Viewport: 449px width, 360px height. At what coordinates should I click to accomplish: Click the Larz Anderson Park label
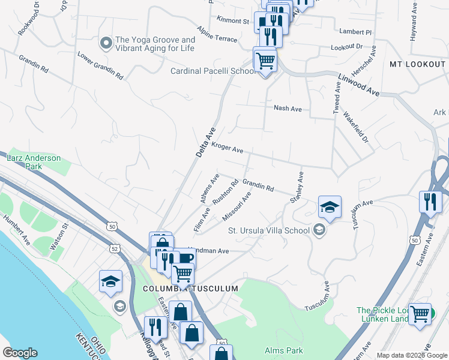point(34,163)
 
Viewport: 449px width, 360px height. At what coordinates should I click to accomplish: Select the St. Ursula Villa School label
point(268,230)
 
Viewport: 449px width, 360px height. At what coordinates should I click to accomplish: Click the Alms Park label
point(284,350)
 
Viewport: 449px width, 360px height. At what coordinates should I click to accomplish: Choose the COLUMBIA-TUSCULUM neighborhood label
point(190,289)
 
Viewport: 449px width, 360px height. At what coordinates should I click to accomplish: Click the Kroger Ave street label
point(228,148)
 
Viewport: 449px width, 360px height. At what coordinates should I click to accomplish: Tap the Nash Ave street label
point(287,109)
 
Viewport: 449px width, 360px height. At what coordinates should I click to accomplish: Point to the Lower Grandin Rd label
point(100,66)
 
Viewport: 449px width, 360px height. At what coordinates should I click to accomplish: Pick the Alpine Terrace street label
point(217,34)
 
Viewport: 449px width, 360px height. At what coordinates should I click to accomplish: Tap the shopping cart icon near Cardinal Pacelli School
point(265,60)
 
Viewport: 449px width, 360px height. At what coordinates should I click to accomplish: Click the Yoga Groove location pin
point(106,43)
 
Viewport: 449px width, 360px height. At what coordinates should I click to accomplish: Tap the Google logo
point(20,353)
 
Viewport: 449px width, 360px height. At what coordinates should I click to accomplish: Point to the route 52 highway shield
point(115,248)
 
